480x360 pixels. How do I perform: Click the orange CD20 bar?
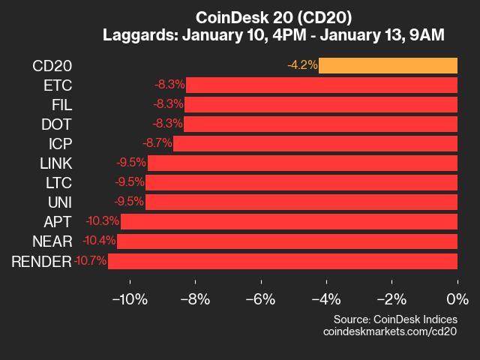tap(388, 65)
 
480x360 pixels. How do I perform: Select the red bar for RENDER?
tap(283, 261)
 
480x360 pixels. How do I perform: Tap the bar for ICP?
tap(315, 143)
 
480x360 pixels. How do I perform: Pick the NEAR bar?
tap(287, 241)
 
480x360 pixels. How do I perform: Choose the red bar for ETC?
tap(322, 85)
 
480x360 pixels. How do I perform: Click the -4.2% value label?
tap(302, 65)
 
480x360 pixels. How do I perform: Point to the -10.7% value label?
tap(90, 261)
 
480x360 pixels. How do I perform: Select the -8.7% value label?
tap(157, 143)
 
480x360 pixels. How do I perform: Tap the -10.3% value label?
tap(103, 222)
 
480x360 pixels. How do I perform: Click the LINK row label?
tap(56, 163)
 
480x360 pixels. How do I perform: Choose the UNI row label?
tap(59, 202)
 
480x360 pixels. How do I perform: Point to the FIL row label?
tap(61, 104)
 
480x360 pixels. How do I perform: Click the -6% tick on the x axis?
tap(262, 299)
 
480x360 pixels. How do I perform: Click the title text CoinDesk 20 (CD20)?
tap(273, 16)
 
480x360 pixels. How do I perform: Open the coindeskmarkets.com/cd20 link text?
tap(389, 331)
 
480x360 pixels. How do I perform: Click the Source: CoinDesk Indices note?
tap(394, 319)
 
